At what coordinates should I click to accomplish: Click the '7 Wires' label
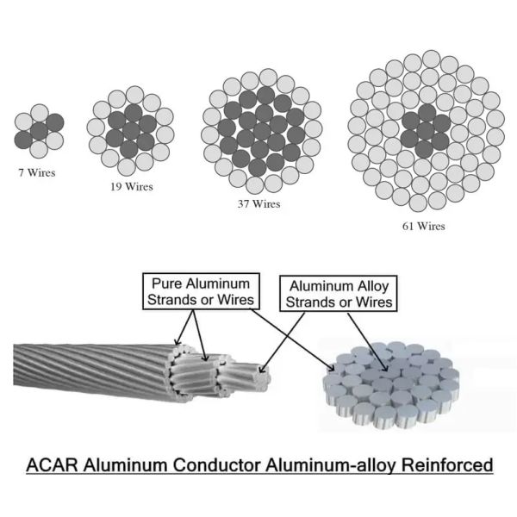click(x=36, y=172)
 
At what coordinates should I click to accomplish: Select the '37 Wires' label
click(x=258, y=204)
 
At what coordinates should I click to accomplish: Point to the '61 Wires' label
click(x=423, y=227)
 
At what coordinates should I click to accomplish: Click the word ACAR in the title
click(x=54, y=466)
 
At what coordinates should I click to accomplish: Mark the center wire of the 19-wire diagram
click(x=132, y=127)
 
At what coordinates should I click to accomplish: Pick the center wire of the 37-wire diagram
click(x=258, y=130)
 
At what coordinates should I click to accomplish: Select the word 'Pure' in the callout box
click(x=166, y=283)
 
